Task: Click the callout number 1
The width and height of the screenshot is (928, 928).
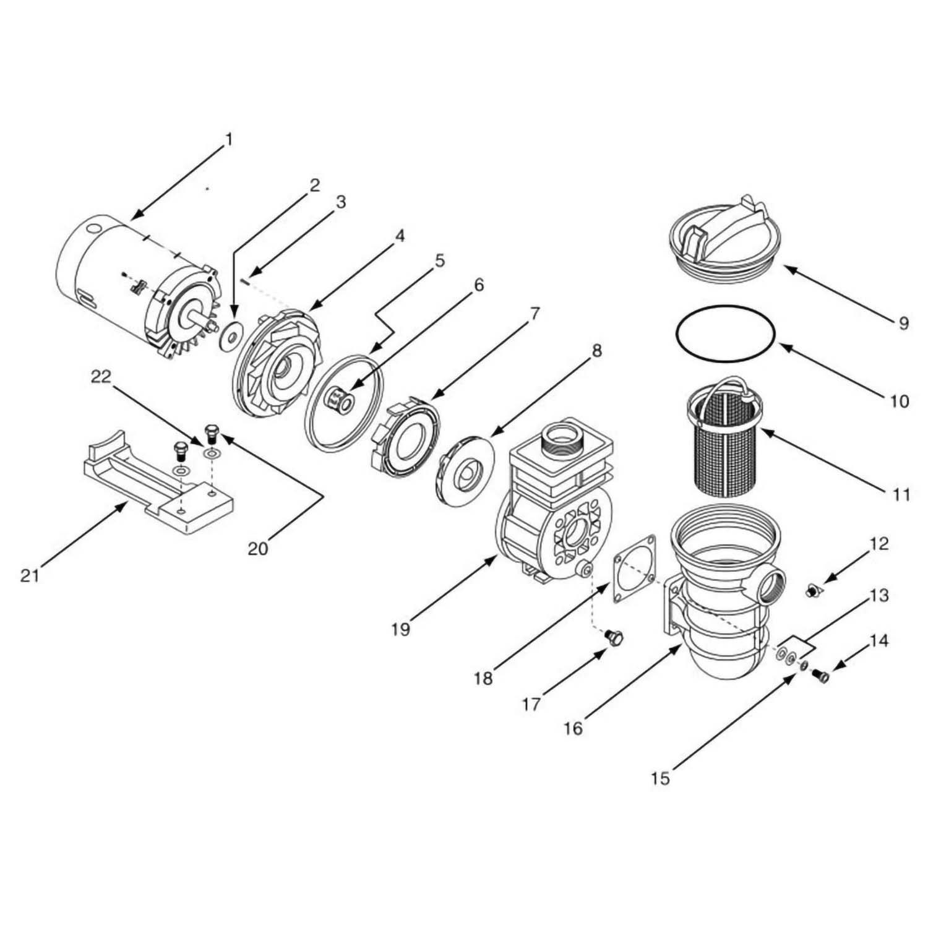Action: pos(229,140)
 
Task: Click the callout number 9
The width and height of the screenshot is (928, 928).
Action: pos(903,322)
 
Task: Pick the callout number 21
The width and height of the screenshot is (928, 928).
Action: pos(29,576)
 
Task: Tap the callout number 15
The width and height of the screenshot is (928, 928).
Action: pos(660,778)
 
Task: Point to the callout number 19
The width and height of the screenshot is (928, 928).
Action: pos(400,629)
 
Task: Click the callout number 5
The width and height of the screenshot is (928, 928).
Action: pos(439,260)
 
